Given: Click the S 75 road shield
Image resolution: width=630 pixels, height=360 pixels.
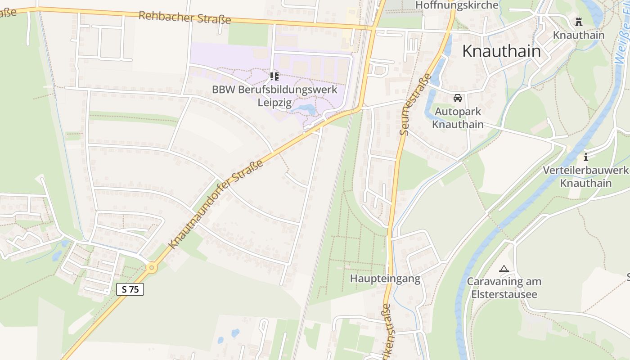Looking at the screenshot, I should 130,289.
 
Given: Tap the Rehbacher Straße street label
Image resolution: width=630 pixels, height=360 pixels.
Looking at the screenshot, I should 184,18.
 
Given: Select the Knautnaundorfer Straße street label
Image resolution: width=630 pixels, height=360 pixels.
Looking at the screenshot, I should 216,206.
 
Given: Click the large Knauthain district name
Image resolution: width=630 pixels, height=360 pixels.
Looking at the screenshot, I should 501,51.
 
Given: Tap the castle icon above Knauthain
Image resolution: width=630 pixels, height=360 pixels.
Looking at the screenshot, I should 578,22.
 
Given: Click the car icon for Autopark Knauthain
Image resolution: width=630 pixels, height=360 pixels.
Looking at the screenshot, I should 458,98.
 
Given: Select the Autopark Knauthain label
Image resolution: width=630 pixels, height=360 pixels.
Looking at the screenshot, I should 458,118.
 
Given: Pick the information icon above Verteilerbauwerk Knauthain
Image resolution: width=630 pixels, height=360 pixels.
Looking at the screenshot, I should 585,157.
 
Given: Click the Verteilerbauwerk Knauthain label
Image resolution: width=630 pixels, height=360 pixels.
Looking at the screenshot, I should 585,177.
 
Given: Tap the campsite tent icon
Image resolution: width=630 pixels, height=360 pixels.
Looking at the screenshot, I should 504,269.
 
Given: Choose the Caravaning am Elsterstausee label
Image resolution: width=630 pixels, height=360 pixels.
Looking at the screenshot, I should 504,288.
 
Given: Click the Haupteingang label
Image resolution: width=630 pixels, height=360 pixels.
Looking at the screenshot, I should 385,279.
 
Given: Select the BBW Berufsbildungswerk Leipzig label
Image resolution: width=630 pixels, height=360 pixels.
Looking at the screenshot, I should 274,95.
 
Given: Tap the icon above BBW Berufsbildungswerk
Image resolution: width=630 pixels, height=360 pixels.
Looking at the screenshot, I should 274,76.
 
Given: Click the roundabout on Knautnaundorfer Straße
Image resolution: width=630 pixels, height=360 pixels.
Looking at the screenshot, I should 152,268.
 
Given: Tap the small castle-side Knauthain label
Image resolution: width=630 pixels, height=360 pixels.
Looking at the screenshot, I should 578,35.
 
